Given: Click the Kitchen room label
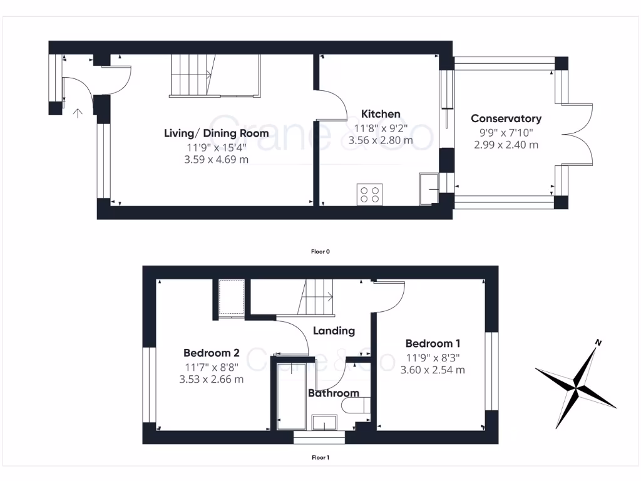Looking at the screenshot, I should pyautogui.click(x=381, y=114).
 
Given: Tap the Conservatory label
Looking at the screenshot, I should pyautogui.click(x=506, y=118).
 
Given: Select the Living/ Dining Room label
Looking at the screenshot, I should pyautogui.click(x=216, y=133).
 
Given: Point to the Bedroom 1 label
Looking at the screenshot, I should pyautogui.click(x=433, y=343).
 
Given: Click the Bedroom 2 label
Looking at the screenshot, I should pyautogui.click(x=212, y=352).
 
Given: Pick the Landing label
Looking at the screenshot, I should pyautogui.click(x=334, y=331).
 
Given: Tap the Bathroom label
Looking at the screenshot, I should pyautogui.click(x=334, y=393).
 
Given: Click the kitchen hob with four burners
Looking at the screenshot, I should pyautogui.click(x=369, y=194).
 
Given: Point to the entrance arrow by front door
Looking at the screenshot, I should pyautogui.click(x=78, y=113).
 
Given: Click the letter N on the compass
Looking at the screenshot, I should pyautogui.click(x=598, y=343).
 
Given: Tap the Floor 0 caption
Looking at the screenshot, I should pyautogui.click(x=320, y=252).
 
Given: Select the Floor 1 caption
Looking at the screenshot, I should pyautogui.click(x=320, y=458).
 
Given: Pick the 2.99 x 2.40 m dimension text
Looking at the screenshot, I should pyautogui.click(x=506, y=145).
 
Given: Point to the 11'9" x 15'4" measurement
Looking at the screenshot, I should pyautogui.click(x=216, y=148).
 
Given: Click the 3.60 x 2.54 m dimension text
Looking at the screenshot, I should pyautogui.click(x=433, y=370).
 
